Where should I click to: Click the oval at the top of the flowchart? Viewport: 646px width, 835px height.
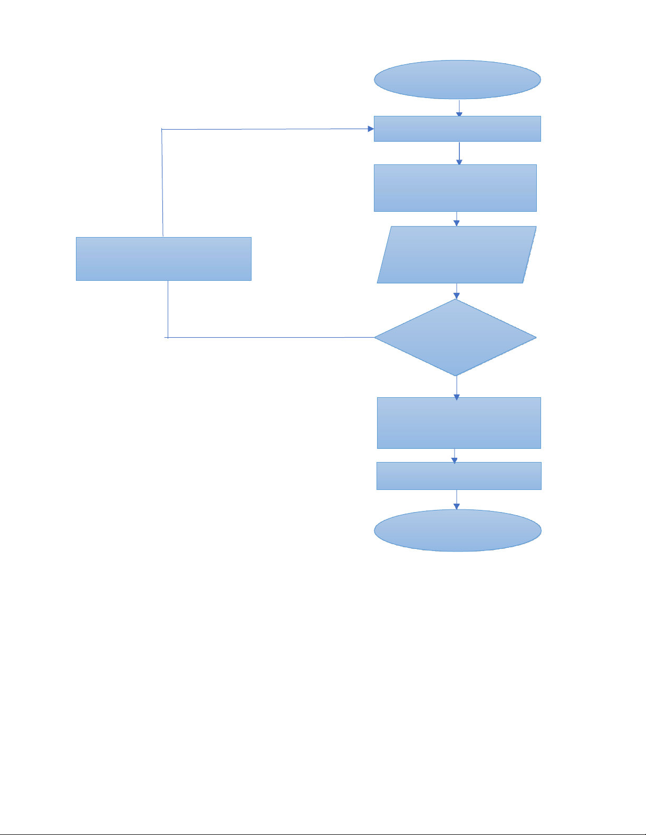coord(457,79)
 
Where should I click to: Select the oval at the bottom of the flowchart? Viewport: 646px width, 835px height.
coord(457,530)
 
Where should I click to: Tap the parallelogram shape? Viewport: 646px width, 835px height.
coord(457,255)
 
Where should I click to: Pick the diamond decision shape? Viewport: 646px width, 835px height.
coord(456,337)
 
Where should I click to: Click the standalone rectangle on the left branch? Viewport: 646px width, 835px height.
coord(163,259)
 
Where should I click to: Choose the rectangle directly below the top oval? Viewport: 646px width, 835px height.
coord(457,129)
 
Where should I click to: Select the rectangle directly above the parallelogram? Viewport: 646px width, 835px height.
coord(455,188)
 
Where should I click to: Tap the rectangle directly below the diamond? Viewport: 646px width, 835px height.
coord(459,423)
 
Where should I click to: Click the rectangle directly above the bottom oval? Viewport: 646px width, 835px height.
coord(459,476)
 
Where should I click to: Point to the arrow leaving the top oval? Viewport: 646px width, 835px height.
coord(459,108)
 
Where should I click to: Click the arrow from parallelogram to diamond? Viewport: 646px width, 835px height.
coord(457,291)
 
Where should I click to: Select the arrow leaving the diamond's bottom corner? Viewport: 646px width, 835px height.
coord(457,387)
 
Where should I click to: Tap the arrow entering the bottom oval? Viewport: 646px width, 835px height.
coord(457,499)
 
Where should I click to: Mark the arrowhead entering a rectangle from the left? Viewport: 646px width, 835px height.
coord(371,129)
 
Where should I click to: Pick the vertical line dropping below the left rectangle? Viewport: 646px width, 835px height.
coord(168,309)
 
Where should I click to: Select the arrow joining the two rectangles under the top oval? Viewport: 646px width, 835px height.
coord(459,153)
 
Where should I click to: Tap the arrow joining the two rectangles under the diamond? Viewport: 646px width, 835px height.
coord(455,456)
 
